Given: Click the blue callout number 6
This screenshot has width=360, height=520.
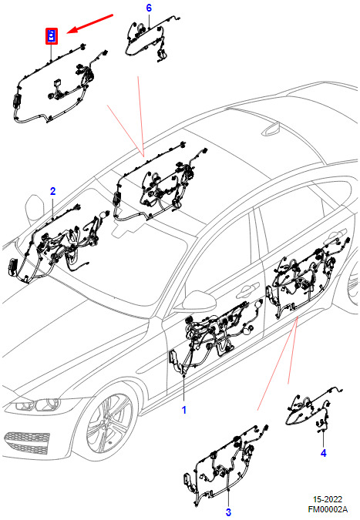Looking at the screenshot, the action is [149, 8].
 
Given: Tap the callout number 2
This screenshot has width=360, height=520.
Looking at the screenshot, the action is [52, 191].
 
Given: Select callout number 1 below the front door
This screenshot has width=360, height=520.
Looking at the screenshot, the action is [184, 410].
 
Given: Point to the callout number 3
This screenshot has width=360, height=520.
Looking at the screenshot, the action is [228, 512].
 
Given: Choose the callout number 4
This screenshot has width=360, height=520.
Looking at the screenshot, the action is [324, 453].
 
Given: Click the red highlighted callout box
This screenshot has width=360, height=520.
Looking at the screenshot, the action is [52, 35].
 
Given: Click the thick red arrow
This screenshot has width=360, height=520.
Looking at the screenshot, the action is [90, 24].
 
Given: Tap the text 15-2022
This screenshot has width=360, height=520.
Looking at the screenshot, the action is [328, 500].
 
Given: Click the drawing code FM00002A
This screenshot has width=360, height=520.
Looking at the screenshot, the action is [328, 509].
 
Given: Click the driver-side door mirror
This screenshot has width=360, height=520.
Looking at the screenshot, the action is [198, 300].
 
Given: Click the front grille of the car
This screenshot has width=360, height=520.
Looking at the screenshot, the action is [27, 442].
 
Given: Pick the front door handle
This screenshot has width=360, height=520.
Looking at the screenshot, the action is [247, 290].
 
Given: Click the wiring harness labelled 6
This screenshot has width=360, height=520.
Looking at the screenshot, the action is [151, 39].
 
